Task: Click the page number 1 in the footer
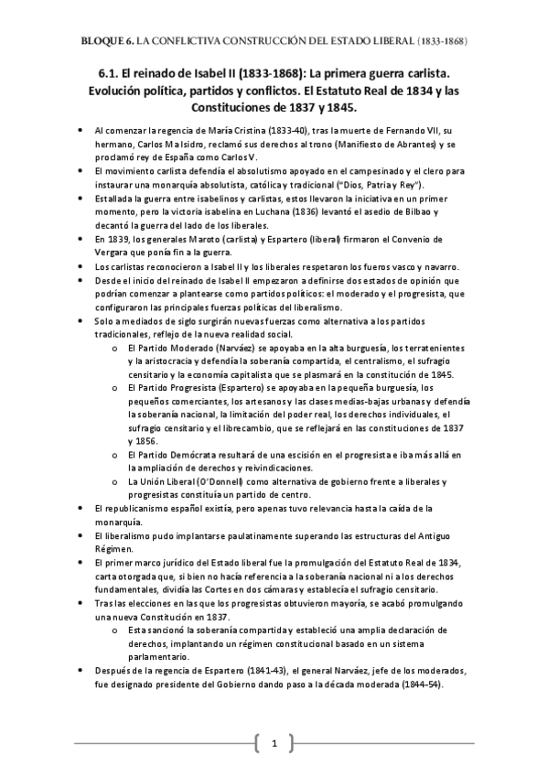(274, 740)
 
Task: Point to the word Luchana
(295, 212)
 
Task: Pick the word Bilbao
(435, 212)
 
